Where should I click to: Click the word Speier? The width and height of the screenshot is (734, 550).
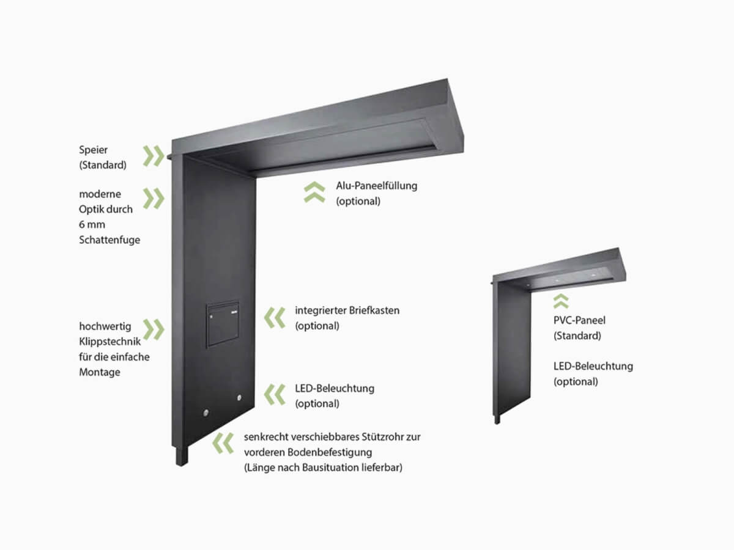coord(93,150)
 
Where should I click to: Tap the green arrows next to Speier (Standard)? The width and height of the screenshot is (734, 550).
coord(154,156)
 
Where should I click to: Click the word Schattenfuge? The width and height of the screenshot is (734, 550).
coord(109,240)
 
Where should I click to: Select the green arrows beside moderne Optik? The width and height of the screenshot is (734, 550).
coord(154,199)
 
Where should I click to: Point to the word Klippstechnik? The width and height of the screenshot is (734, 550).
coord(109,342)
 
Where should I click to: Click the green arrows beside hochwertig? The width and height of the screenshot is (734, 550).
coord(154,329)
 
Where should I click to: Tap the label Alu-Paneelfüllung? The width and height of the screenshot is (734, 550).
coord(377,186)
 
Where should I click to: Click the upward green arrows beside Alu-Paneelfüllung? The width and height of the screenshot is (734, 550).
coord(314,192)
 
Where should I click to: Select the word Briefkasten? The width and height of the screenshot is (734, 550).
coord(374,310)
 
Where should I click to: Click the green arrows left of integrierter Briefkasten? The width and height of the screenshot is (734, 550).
coord(275,318)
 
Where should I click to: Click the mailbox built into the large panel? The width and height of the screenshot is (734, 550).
coord(223,324)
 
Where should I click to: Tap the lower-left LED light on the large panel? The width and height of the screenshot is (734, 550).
coord(206,413)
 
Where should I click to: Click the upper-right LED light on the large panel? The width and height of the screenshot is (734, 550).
coord(239,398)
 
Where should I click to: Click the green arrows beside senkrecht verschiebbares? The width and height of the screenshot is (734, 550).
coord(223,444)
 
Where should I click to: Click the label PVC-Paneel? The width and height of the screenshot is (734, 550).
coord(579,320)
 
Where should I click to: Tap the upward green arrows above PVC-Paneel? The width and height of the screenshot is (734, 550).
coord(561,301)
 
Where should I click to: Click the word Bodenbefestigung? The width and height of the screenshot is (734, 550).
coord(329,452)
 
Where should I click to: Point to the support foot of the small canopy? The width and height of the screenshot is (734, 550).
coord(497,419)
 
